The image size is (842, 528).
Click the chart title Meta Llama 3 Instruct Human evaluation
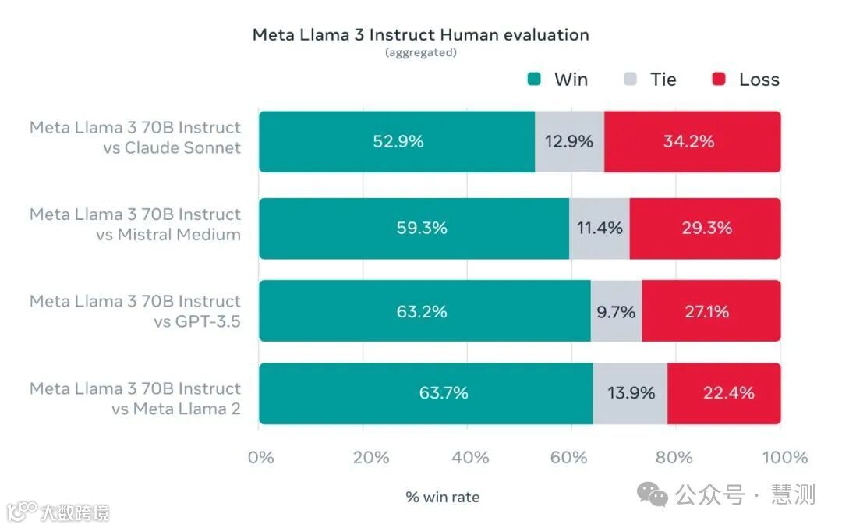(420, 35)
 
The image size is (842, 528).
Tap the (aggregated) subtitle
(420, 53)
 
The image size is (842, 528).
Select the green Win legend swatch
(534, 79)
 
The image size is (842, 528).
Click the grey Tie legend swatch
(631, 79)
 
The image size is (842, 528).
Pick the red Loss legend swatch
(719, 79)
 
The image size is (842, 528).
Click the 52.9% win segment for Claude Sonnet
(397, 141)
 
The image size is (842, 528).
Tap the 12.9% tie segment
(569, 141)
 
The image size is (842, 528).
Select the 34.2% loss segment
(692, 141)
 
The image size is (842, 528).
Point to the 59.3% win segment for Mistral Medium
(414, 228)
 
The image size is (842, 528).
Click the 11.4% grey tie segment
(599, 228)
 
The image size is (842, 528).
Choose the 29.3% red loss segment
(705, 228)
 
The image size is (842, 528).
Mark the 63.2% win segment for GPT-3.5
(424, 311)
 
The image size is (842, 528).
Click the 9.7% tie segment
(616, 311)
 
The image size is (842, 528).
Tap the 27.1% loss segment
(711, 311)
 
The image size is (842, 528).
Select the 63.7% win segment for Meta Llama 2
(426, 393)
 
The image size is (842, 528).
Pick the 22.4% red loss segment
(723, 393)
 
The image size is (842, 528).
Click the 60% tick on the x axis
(569, 457)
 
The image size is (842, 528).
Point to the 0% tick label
(261, 457)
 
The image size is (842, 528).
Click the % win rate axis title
(442, 497)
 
